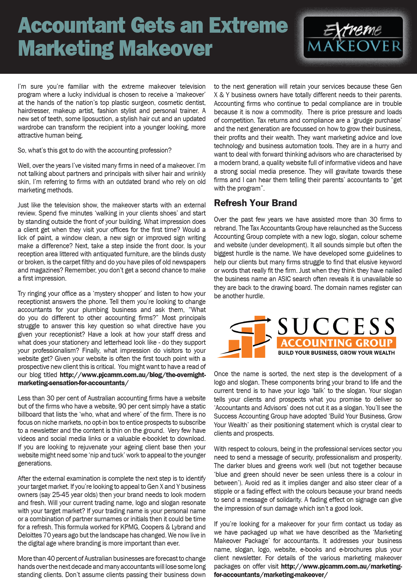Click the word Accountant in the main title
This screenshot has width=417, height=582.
click(72, 25)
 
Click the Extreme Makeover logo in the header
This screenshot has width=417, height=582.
click(353, 38)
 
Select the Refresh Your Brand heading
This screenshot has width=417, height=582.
click(255, 203)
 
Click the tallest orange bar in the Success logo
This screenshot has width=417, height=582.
click(260, 336)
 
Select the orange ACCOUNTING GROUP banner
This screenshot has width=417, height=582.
click(336, 343)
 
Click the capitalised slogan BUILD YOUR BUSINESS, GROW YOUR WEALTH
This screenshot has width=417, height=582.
click(336, 353)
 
